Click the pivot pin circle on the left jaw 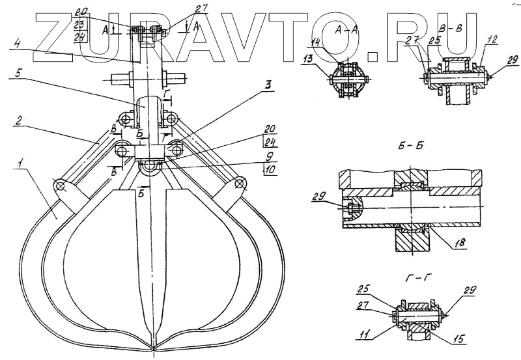pos(61,187)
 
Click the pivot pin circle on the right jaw pos(240,184)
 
